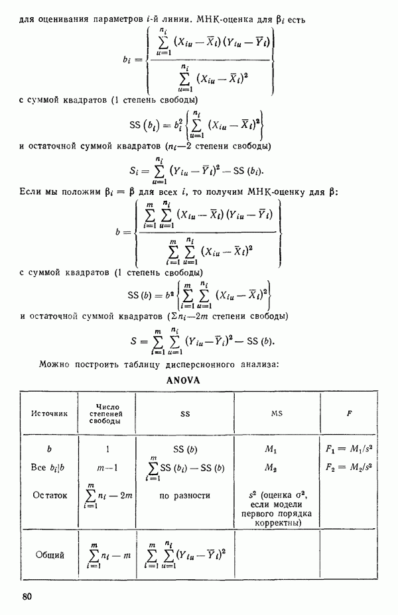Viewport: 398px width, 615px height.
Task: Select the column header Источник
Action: coord(50,413)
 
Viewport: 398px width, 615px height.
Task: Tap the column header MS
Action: coord(277,413)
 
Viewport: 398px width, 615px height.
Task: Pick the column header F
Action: coord(349,413)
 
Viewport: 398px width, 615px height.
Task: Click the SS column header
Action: coord(185,413)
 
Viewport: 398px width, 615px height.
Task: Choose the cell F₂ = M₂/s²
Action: coord(349,467)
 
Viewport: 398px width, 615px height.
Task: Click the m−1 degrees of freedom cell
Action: coord(107,467)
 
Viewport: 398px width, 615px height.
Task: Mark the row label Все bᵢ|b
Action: coord(47,467)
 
